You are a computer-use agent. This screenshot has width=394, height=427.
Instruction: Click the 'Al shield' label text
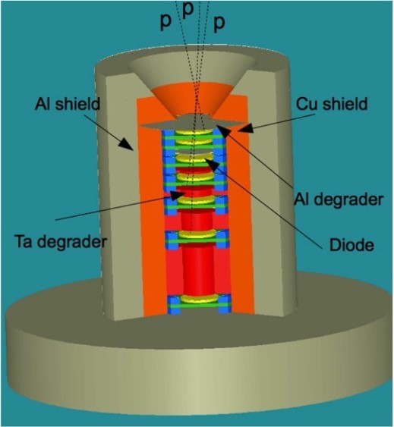point(68,104)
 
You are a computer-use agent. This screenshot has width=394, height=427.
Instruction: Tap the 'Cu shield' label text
point(332,104)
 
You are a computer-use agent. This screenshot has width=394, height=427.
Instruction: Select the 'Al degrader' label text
point(339,199)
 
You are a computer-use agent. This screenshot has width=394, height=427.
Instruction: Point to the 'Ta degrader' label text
point(61,241)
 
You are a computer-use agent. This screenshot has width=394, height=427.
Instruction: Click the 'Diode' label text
point(351,245)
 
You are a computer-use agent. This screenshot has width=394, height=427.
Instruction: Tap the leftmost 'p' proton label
point(165,21)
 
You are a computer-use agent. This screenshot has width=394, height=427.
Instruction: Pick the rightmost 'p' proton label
point(219,23)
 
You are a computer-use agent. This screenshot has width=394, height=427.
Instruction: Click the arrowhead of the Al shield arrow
point(126,143)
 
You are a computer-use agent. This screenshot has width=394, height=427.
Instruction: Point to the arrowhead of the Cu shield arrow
point(246,128)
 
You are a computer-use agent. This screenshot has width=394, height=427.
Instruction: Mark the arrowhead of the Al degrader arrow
point(224,130)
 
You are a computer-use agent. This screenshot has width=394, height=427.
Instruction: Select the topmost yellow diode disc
point(194,133)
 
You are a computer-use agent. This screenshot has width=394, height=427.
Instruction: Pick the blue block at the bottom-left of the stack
point(173,304)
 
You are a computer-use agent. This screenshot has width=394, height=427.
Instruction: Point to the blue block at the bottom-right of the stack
point(225,303)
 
